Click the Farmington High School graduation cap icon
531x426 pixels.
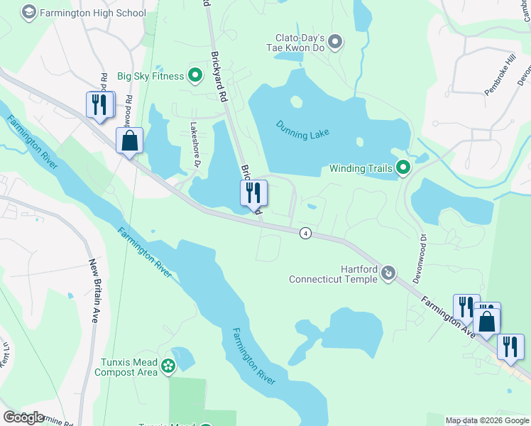[28, 13]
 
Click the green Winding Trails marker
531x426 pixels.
[403, 168]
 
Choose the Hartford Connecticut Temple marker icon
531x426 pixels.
[388, 273]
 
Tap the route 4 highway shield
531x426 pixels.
[305, 233]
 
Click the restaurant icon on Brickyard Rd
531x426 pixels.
[252, 192]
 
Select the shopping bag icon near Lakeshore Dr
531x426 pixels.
[129, 141]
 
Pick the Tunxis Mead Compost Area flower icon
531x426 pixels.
[168, 366]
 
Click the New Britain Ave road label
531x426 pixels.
[93, 291]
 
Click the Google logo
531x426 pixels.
[23, 417]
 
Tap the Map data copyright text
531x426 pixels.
[486, 420]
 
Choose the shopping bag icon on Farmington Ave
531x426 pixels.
[487, 319]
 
